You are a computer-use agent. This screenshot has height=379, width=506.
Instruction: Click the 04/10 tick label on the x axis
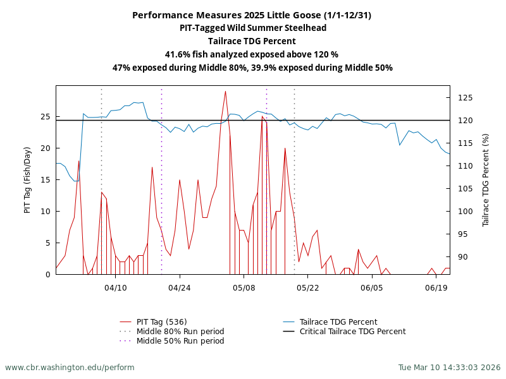coord(115,288)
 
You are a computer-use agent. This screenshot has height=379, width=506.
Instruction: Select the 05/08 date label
coord(244,288)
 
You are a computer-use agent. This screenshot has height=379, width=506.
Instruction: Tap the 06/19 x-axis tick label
coord(436,288)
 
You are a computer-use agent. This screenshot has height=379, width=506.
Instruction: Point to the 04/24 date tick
coord(180,288)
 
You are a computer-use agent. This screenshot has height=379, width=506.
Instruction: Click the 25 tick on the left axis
coord(46,117)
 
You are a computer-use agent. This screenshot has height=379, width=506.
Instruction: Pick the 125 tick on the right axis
coord(466,98)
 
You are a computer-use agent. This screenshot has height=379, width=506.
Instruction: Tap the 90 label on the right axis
coord(463,257)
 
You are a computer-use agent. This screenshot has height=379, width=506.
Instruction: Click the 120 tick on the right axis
coord(466,121)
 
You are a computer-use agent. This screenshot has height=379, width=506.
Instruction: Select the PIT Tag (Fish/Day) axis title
coord(27,180)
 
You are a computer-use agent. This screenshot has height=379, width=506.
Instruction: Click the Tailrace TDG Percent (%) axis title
coord(486,180)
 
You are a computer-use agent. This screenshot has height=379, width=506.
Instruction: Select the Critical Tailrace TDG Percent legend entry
coord(352,332)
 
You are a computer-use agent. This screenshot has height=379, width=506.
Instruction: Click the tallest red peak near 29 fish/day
coord(225,92)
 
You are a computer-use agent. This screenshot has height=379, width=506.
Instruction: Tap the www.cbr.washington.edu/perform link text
coord(70,368)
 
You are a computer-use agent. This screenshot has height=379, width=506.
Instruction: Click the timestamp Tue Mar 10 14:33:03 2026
coord(449,368)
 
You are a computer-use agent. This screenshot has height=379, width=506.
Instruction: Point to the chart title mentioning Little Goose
coord(252,15)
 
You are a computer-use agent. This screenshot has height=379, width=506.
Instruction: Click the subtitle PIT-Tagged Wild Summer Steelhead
coord(252,28)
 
